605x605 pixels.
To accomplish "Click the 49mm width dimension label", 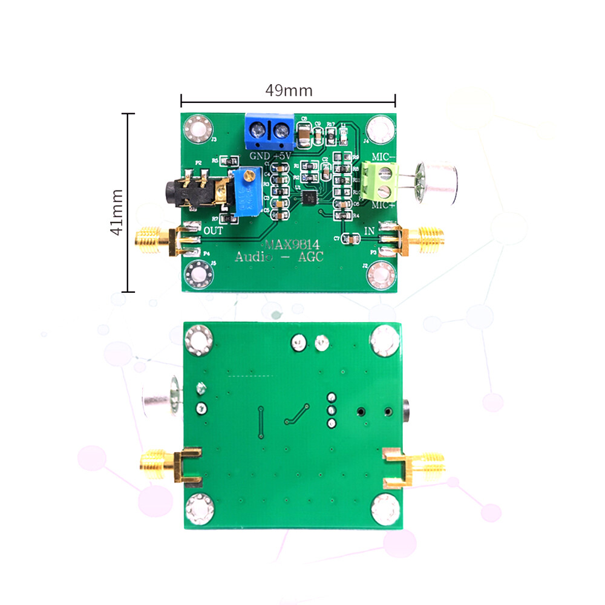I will pyautogui.click(x=289, y=91).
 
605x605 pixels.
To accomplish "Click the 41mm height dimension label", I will pyautogui.click(x=117, y=211).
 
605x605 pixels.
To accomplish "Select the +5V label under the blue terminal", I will pyautogui.click(x=283, y=156).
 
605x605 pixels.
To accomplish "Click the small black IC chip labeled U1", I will pyautogui.click(x=310, y=197).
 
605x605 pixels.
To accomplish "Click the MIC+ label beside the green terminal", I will pyautogui.click(x=382, y=205).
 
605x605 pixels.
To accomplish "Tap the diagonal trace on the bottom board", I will pyautogui.click(x=296, y=413).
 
